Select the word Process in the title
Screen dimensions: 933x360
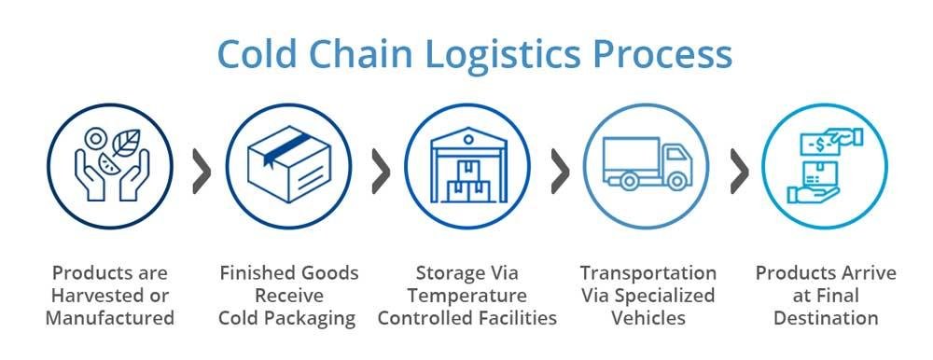[x=667, y=55]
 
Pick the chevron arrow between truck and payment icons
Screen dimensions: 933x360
[x=739, y=170]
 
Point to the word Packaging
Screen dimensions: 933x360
[x=312, y=318]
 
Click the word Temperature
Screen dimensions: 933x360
[x=466, y=296]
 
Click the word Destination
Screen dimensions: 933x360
[x=826, y=318]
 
